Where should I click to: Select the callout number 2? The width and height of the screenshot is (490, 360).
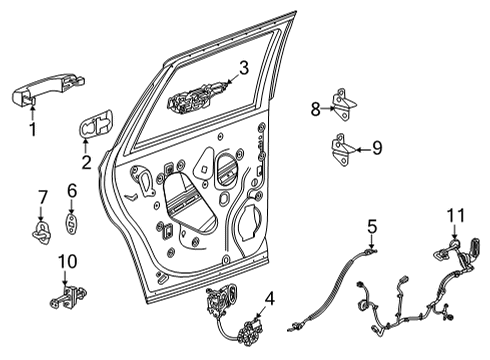click(x=86, y=161)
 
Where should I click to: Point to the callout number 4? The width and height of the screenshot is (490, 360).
click(x=270, y=297)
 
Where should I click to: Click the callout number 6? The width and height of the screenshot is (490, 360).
click(x=71, y=190)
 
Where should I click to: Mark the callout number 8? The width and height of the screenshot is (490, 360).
click(x=315, y=109)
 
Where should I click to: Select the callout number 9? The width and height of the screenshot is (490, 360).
click(x=376, y=149)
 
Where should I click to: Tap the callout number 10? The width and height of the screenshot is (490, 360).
click(x=66, y=262)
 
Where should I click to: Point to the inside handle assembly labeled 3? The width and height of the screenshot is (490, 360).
click(x=195, y=99)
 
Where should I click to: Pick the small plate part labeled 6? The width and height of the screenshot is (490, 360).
click(x=72, y=222)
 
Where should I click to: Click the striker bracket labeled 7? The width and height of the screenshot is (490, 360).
click(x=43, y=232)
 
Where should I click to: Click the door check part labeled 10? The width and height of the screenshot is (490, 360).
click(x=67, y=296)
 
